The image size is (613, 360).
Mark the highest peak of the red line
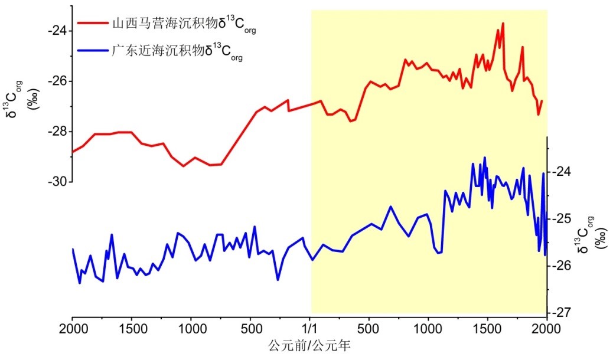(503, 24)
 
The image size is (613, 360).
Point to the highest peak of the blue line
(485, 158)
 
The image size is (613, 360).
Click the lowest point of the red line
(184, 166)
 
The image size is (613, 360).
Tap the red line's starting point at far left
(72, 152)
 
